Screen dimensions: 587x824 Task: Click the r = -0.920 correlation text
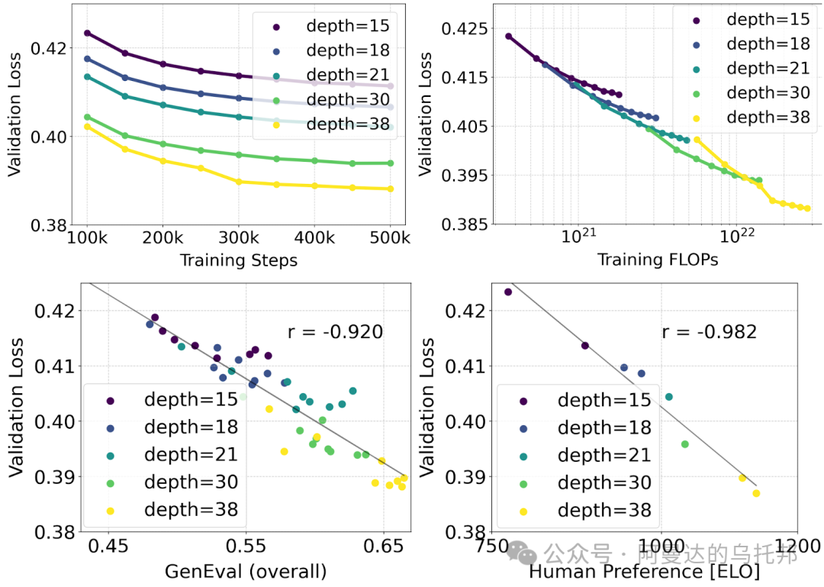pos(335,331)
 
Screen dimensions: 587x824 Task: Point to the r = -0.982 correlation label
pos(709,331)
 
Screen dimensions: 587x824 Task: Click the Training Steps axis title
pos(238,260)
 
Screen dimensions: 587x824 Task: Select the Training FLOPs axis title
pos(658,260)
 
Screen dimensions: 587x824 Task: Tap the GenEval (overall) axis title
pos(246,571)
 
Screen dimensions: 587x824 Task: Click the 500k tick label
pos(391,237)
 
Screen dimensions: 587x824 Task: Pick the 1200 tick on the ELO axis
pos(797,547)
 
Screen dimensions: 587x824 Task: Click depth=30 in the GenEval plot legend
pos(191,482)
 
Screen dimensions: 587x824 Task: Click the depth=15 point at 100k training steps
pos(87,33)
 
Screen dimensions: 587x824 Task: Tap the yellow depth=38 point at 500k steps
pos(391,189)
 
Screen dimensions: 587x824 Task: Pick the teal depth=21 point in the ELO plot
pos(669,397)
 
